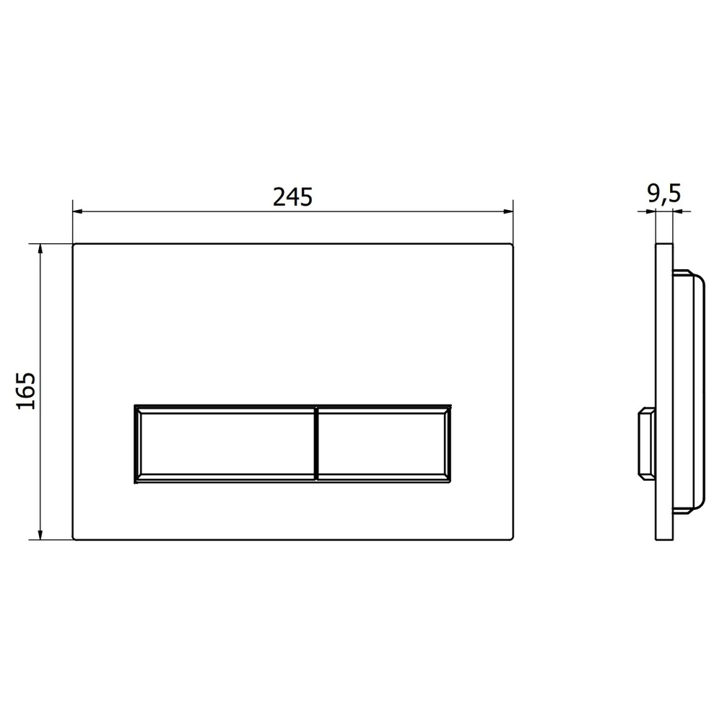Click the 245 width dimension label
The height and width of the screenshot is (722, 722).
click(293, 196)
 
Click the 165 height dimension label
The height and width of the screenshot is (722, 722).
click(26, 391)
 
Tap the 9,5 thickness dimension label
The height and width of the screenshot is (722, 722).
click(664, 193)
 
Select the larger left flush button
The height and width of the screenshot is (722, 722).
click(225, 444)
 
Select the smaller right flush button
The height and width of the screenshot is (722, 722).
click(383, 444)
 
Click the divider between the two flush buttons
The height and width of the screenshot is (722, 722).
click(316, 444)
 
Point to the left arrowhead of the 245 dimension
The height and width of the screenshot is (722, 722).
click(77, 212)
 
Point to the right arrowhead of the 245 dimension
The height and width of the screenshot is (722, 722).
click(508, 212)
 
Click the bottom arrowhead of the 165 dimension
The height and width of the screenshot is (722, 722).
click(40, 534)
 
